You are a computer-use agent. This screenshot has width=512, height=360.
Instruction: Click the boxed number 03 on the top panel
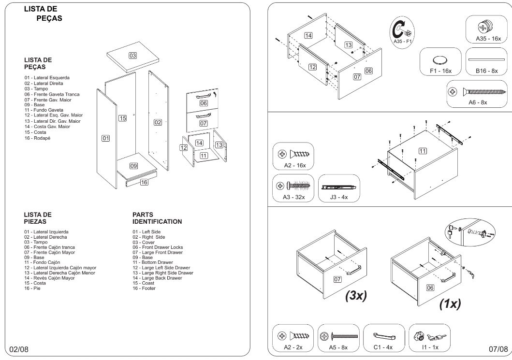(x=132, y=56)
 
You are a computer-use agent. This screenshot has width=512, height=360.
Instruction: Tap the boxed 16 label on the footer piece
(x=144, y=182)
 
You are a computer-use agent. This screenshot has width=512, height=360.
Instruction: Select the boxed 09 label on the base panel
(x=134, y=166)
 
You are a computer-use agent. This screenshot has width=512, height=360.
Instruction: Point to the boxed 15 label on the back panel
(x=123, y=118)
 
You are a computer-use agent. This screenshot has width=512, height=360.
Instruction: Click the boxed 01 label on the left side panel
(x=105, y=139)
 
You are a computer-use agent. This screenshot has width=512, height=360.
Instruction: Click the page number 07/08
(x=498, y=349)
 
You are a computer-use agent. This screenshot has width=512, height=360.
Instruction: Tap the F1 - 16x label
(x=440, y=71)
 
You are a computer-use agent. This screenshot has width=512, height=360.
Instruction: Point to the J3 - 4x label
(x=338, y=197)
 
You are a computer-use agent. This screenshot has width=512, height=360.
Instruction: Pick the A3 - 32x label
(x=293, y=197)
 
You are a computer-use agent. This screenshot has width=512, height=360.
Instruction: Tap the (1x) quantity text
(x=450, y=304)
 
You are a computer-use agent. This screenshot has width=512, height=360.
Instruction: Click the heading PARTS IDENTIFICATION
(x=157, y=218)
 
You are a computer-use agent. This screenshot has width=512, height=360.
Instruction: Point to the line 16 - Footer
(x=144, y=288)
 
